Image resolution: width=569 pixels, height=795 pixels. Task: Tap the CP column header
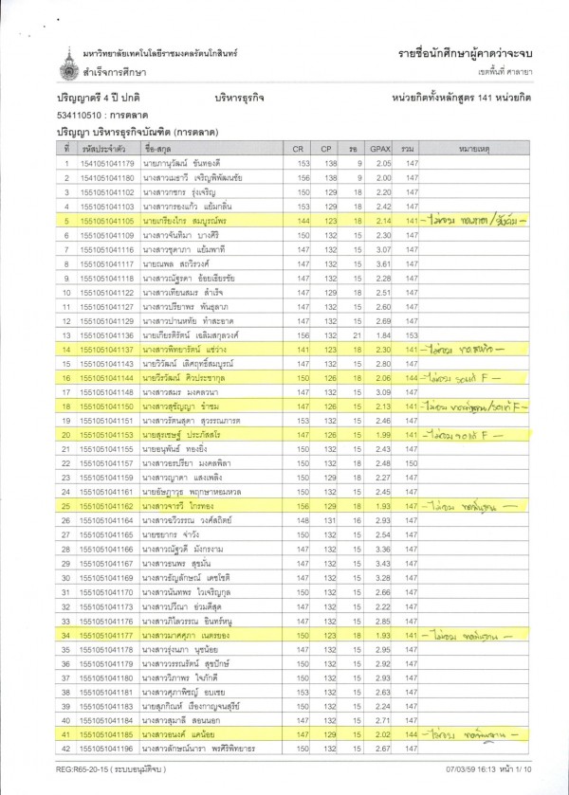[325, 149]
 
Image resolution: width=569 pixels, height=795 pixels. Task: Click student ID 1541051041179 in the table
[106, 164]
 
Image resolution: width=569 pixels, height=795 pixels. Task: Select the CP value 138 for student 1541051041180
[325, 178]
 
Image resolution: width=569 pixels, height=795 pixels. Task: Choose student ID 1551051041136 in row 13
[106, 334]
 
